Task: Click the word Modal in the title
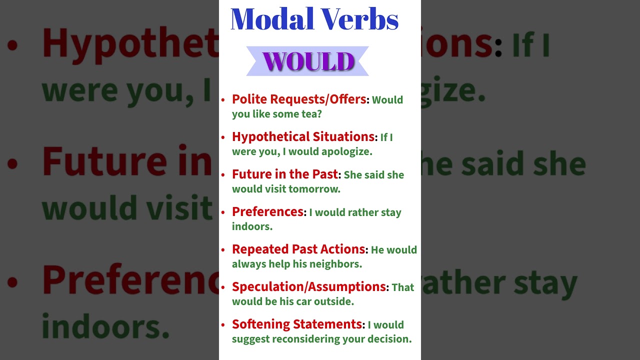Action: pyautogui.click(x=272, y=20)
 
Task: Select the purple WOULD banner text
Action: pyautogui.click(x=308, y=61)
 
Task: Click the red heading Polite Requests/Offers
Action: pyautogui.click(x=299, y=99)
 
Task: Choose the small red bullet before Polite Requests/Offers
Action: pyautogui.click(x=223, y=100)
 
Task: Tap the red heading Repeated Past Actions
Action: pyautogui.click(x=298, y=249)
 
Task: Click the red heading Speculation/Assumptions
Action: pyautogui.click(x=309, y=286)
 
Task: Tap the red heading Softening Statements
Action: pyautogui.click(x=297, y=324)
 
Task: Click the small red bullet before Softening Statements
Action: pyautogui.click(x=223, y=325)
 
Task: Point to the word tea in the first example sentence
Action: pyautogui.click(x=310, y=114)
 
